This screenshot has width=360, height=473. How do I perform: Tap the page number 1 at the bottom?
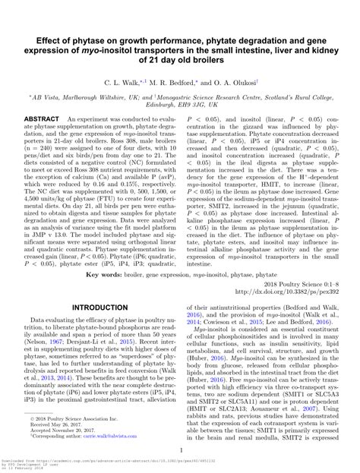click(180, 449)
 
